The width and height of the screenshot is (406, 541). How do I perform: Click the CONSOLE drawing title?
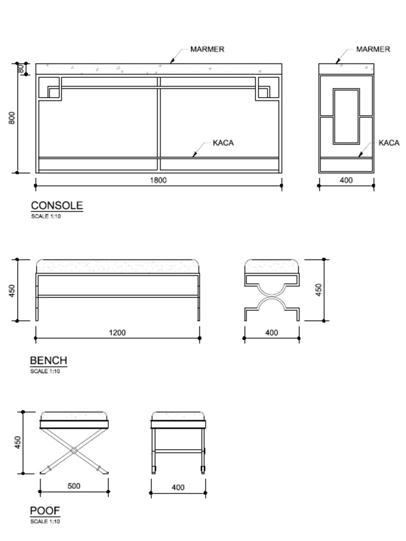click(57, 206)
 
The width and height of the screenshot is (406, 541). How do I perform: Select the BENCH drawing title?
click(49, 361)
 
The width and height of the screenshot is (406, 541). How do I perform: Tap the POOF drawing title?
click(45, 511)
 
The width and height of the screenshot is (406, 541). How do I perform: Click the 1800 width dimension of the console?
click(158, 180)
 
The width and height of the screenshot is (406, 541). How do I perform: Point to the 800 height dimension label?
click(12, 117)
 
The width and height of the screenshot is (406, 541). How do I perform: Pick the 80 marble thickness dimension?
click(21, 68)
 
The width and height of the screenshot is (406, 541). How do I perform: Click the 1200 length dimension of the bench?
click(117, 333)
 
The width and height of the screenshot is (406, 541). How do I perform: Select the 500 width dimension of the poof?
click(74, 486)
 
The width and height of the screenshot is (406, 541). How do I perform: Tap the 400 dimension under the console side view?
click(346, 180)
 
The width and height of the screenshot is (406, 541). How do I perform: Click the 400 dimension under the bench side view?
click(271, 333)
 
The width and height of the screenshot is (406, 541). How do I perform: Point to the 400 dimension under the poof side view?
click(178, 488)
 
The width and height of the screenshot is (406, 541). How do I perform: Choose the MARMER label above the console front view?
click(207, 49)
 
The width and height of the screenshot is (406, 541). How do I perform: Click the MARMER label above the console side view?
click(373, 49)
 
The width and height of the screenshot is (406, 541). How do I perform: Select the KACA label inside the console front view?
click(223, 143)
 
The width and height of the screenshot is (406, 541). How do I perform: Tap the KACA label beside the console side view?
click(389, 143)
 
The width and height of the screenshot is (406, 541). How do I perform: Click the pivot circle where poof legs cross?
click(74, 451)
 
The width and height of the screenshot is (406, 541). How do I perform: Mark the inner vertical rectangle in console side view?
click(346, 116)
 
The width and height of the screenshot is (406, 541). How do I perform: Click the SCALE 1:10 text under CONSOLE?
click(45, 216)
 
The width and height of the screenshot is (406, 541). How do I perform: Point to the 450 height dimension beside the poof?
click(17, 443)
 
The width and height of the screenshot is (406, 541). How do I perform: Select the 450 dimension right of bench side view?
click(319, 290)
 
